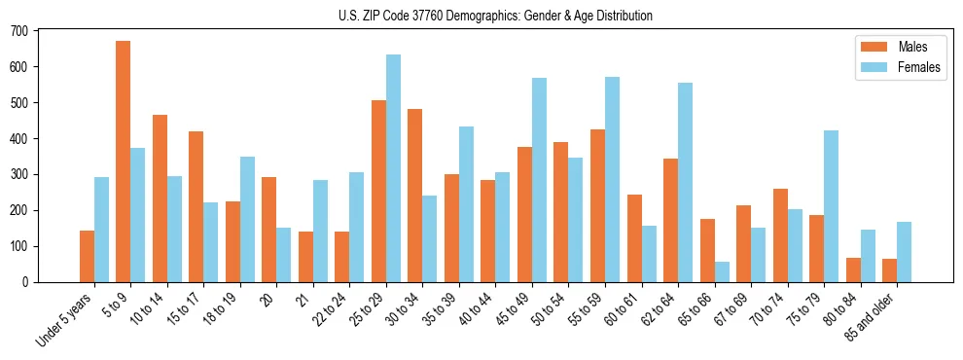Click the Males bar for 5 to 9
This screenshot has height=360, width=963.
click(x=123, y=162)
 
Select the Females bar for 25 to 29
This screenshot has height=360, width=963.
click(x=393, y=168)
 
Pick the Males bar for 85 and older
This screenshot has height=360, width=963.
click(x=889, y=270)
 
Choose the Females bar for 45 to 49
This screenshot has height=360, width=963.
click(x=539, y=180)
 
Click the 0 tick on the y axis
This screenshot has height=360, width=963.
click(x=31, y=282)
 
